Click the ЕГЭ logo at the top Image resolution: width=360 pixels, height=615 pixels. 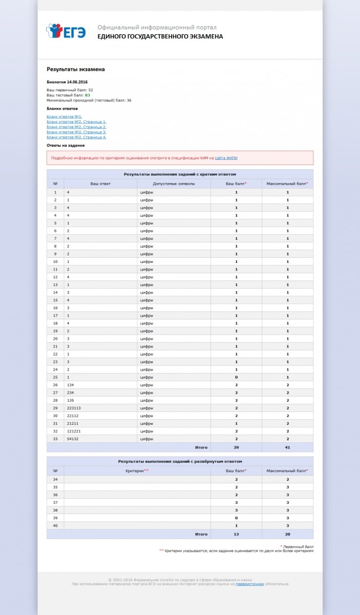(x=66, y=31)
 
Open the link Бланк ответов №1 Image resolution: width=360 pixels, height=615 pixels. (x=64, y=117)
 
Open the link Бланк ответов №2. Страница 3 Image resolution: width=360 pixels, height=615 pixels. (x=76, y=132)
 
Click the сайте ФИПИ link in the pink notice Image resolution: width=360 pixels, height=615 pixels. (x=226, y=158)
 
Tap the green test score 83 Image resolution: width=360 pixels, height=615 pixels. (x=88, y=95)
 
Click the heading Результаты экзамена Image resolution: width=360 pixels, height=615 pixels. (x=76, y=69)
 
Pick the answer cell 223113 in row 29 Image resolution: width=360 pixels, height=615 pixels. (x=74, y=408)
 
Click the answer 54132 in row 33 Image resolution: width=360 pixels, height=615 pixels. (x=73, y=439)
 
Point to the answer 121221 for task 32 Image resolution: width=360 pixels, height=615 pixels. (x=74, y=431)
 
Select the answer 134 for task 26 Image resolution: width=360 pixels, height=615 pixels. (x=71, y=385)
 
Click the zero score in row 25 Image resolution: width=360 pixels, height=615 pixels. (x=236, y=377)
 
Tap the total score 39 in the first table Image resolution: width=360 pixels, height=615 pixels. (x=236, y=447)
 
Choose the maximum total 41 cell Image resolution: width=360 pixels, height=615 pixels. (x=287, y=447)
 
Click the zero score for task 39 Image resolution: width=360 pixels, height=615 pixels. (x=236, y=518)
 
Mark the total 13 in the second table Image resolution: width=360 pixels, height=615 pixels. (x=236, y=534)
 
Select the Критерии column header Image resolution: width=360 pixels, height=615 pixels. (x=137, y=470)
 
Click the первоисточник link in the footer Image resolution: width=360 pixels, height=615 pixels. (x=250, y=584)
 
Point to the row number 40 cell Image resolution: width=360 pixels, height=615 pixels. (x=55, y=526)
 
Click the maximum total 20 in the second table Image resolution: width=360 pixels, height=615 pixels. (x=287, y=534)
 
